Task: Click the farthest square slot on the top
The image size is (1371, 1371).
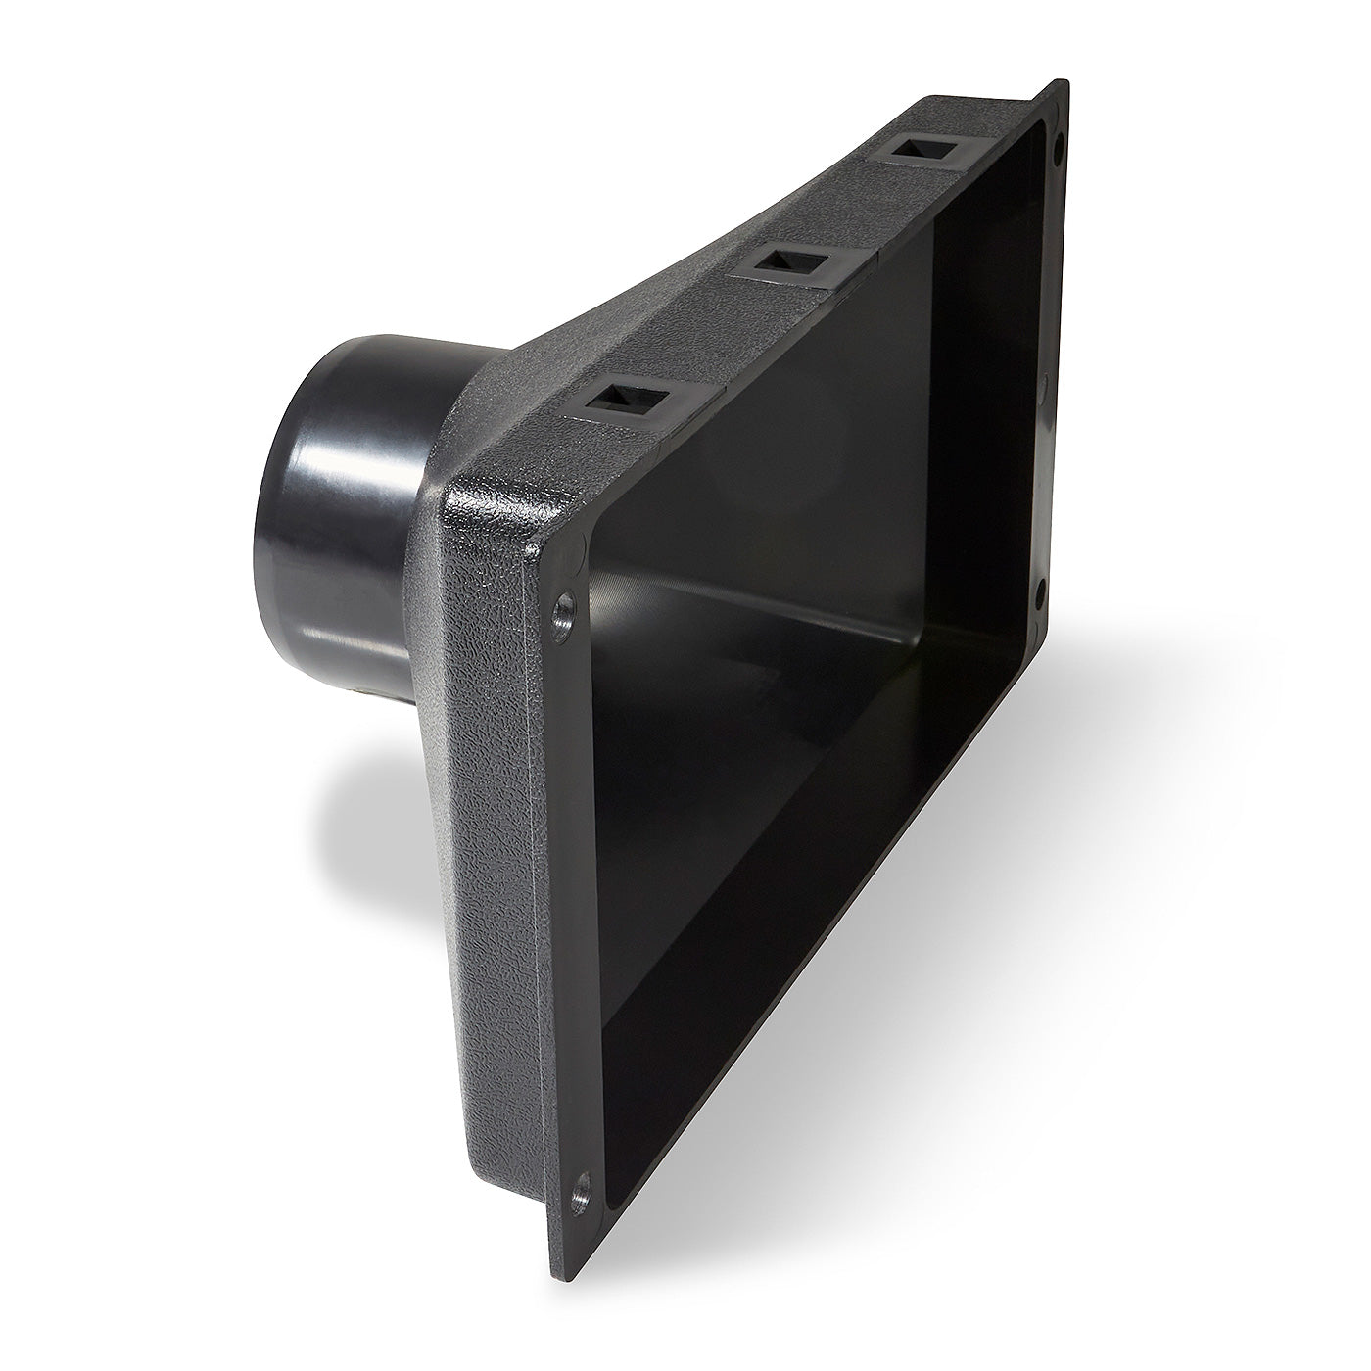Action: [x=919, y=148]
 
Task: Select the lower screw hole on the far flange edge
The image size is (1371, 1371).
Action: [x=1040, y=588]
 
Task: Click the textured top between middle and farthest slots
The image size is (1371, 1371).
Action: [x=852, y=211]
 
